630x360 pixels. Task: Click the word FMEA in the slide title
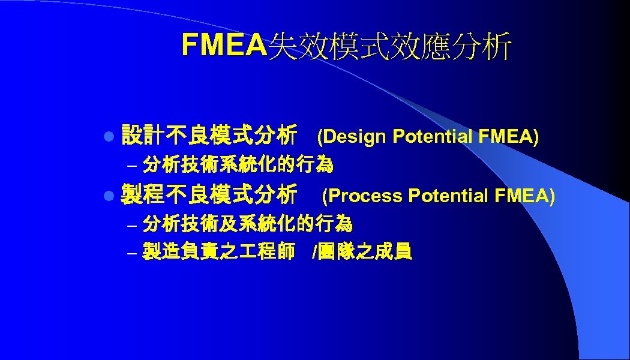click(223, 44)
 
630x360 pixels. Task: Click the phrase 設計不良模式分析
click(209, 136)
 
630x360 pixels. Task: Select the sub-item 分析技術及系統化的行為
click(248, 224)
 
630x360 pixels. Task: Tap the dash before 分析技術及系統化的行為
click(133, 226)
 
